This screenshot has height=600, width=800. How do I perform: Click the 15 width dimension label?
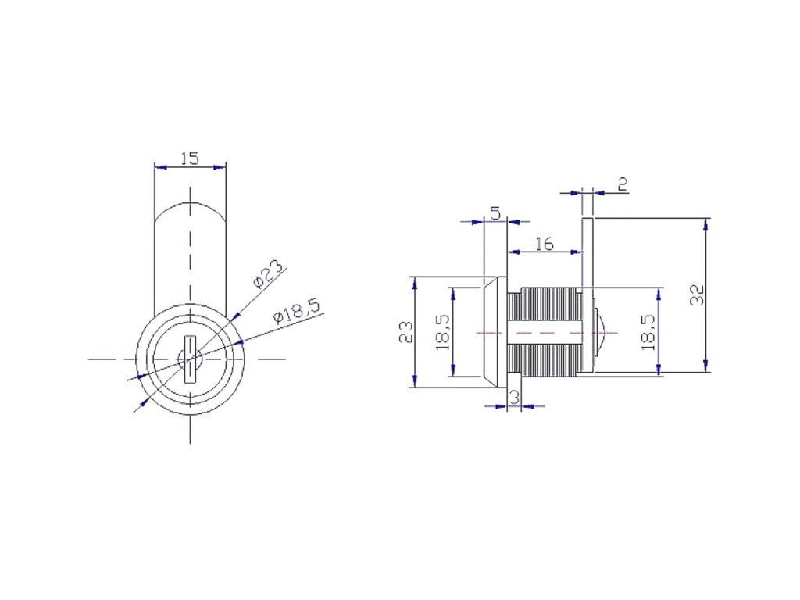click(189, 158)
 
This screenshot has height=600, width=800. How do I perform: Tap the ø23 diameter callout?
click(268, 274)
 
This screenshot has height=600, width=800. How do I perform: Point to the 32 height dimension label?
click(697, 295)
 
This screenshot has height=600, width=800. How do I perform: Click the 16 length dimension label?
click(545, 244)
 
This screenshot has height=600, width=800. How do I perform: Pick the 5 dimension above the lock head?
click(495, 213)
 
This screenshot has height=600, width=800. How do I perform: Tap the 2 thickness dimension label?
click(623, 184)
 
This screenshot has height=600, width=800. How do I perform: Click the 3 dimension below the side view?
click(514, 396)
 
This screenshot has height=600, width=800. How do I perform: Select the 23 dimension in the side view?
click(406, 332)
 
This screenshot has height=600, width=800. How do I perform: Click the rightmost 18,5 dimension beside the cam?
click(648, 332)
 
